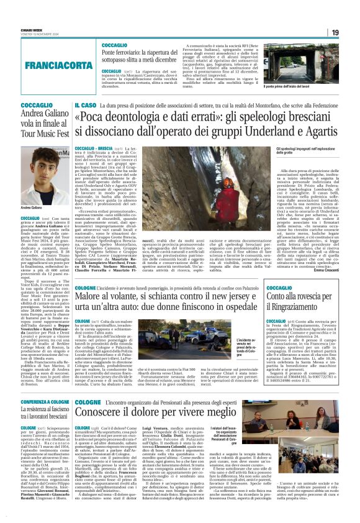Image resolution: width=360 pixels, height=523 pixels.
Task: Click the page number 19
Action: [x=335, y=32]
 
